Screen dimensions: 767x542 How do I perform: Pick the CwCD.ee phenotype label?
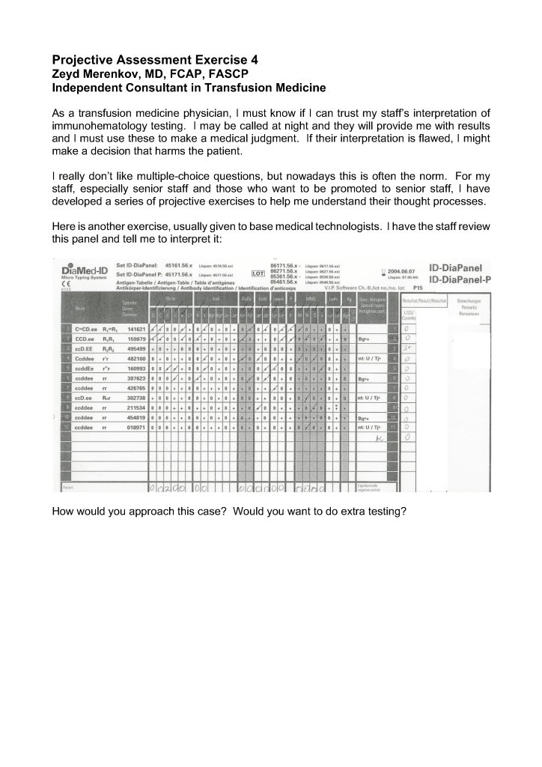(x=86, y=329)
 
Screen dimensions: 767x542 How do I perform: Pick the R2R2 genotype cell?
(x=109, y=348)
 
